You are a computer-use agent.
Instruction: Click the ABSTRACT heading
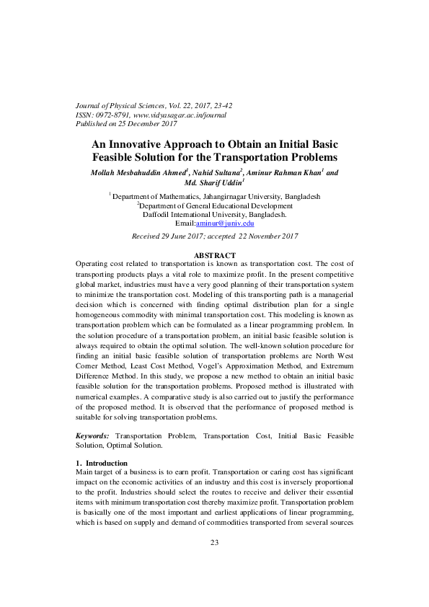215,255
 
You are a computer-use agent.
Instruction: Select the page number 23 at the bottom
214,562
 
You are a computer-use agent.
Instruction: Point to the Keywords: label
93,436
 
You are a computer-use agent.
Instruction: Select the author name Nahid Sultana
217,173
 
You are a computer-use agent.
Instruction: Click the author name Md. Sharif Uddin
214,183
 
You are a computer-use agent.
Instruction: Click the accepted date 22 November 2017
258,236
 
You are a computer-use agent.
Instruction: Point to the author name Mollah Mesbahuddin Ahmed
138,173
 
